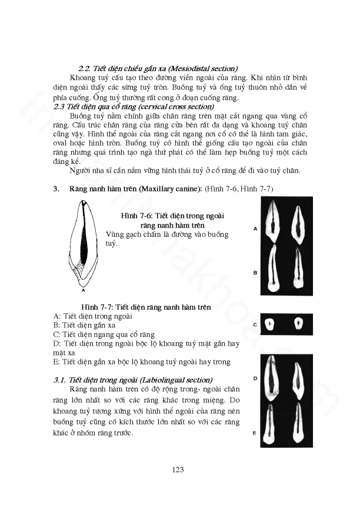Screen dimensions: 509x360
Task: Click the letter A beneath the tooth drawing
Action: coord(83,289)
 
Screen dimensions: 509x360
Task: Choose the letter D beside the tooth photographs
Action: coord(255,378)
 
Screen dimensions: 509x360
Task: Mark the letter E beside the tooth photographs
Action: coord(255,433)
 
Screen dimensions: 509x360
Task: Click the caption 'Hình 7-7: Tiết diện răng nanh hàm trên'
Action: coord(146,307)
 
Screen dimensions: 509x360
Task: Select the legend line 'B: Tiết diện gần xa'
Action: coord(84,324)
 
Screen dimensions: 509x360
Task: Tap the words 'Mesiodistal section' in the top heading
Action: coord(199,68)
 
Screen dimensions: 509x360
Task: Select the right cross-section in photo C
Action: coord(298,323)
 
